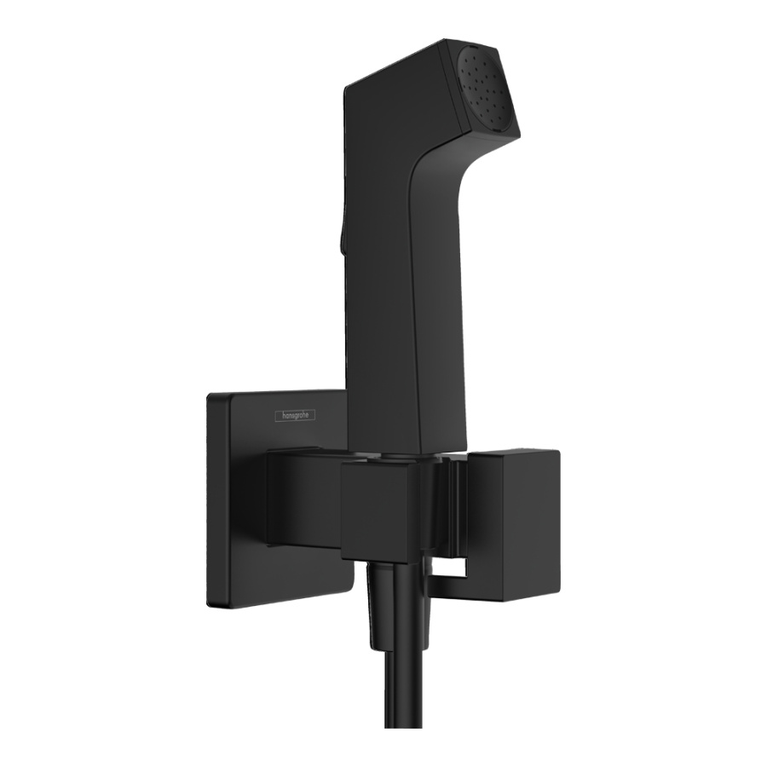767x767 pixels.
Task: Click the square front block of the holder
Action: coord(380,512)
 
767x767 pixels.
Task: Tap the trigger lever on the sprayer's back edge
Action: coord(340,239)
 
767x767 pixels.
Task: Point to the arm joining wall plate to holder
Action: coord(303,499)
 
